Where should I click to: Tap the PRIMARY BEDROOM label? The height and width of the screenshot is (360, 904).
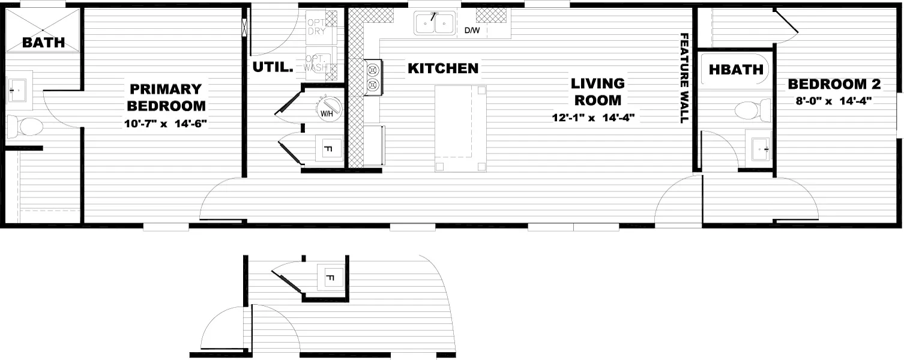(166, 98)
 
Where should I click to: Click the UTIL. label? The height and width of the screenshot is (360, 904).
(273, 68)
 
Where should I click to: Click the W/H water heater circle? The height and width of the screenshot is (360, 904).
(328, 110)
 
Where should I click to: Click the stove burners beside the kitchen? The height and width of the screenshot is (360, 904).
(373, 77)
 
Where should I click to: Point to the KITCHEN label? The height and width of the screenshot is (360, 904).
(443, 68)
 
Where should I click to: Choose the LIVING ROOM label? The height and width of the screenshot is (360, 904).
(597, 92)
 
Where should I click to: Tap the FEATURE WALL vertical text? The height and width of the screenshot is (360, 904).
(683, 78)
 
